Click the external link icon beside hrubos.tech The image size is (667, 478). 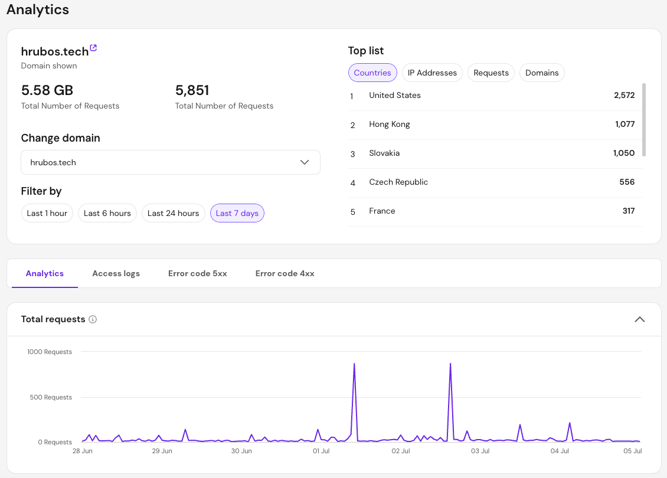[94, 48]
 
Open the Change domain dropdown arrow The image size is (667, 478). [305, 162]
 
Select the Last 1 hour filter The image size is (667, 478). [47, 213]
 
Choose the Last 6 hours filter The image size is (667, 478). [107, 213]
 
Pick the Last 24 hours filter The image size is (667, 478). [173, 213]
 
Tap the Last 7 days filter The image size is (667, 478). [237, 213]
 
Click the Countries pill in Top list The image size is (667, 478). [372, 73]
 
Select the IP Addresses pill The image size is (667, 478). [432, 73]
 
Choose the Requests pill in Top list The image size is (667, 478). [491, 73]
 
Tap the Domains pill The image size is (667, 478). [542, 73]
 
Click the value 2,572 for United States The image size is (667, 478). [625, 95]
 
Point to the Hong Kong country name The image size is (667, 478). [390, 124]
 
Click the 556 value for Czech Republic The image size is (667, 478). [627, 182]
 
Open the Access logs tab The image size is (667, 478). [116, 273]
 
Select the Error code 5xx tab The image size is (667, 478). [197, 273]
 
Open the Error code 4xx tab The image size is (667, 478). [285, 273]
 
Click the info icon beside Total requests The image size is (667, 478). [93, 319]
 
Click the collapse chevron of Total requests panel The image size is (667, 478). [640, 319]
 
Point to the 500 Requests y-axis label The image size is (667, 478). [51, 397]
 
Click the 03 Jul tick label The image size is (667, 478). [480, 451]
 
